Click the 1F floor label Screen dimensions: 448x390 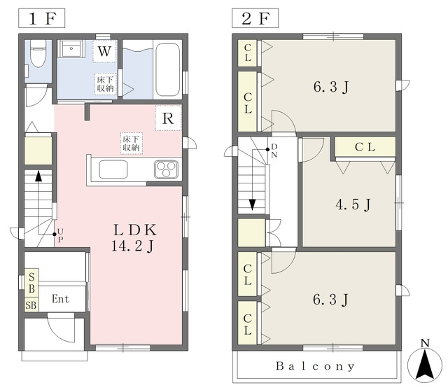pos(42,18)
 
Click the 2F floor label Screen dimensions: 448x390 pos(255,18)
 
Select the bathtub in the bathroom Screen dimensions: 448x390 pos(167,70)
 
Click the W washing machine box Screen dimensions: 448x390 pos(104,51)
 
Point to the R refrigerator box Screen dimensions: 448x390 pos(168,118)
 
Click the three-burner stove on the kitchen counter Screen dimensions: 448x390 pos(166,169)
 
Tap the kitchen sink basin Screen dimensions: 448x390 pos(113,169)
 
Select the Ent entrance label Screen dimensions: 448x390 pos(60,299)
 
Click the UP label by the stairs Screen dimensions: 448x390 pos(60,235)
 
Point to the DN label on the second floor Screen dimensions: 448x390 pos(274,151)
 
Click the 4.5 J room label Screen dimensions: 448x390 pos(353,204)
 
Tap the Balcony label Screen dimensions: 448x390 pos(315,366)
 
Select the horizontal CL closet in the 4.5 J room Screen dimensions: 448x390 pos(365,147)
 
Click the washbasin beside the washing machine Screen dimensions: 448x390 pos(71,49)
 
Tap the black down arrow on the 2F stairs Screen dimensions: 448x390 pos(252,204)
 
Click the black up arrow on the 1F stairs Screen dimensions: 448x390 pos(38,176)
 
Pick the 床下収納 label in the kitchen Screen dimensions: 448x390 pos(132,144)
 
